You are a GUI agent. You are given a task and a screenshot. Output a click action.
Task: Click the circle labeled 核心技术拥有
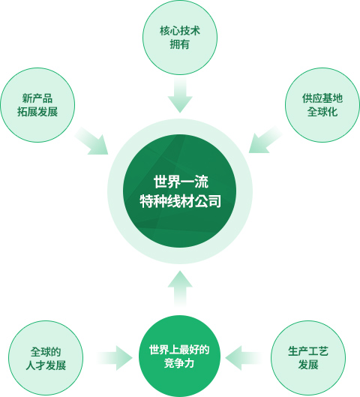coord(180,38)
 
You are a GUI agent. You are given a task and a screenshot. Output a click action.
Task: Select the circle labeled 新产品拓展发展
coord(37,105)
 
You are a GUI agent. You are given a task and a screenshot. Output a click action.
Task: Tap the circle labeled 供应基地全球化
coord(322,105)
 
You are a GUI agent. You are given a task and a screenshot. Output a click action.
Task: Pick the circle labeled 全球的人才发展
coord(46,358)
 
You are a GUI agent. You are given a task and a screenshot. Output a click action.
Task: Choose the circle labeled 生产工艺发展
coord(308,358)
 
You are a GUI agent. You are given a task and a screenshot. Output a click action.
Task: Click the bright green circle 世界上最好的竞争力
coord(179,356)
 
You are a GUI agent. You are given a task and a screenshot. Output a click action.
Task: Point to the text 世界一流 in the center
coord(181,182)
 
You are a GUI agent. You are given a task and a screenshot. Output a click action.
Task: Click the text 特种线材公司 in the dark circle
coord(181,201)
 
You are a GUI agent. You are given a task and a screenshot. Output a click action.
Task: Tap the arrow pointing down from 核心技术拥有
coord(180,95)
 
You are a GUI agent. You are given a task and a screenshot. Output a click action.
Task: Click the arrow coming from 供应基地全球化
coord(265,140)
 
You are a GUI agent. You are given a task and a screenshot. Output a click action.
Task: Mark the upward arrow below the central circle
coord(180,288)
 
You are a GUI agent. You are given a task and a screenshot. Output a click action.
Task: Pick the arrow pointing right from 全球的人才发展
coord(115,358)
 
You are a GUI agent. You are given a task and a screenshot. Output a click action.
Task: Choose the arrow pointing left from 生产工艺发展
coord(242,358)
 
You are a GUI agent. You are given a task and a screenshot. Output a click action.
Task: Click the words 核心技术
coord(180,31)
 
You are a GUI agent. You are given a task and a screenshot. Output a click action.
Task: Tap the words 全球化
coord(322,112)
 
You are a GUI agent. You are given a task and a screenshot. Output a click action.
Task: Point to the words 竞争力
coord(179,363)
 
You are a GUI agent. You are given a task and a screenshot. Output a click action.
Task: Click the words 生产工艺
coord(308,351)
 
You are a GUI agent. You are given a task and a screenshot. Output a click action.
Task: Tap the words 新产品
coord(37,98)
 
